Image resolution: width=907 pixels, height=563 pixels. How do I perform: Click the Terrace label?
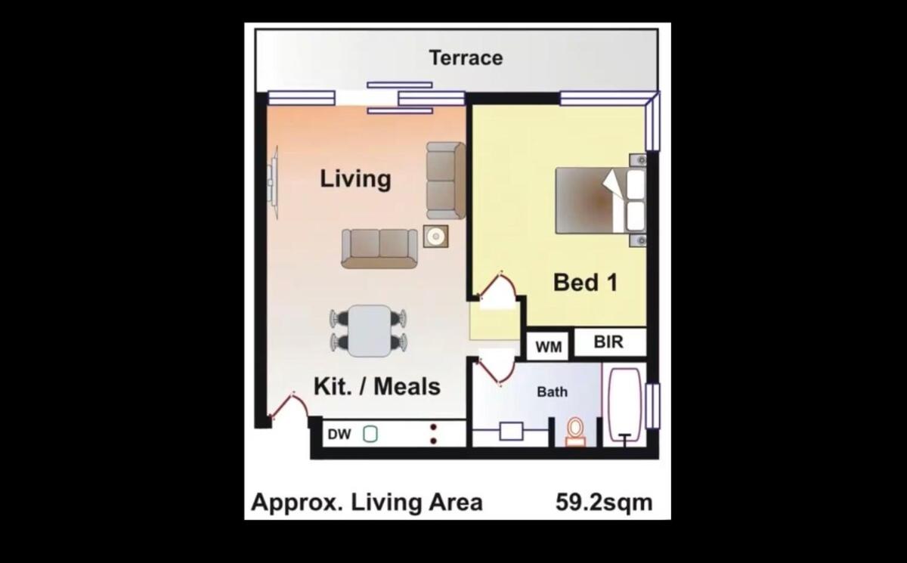[x=466, y=58]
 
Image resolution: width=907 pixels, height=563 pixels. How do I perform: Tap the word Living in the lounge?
[x=355, y=178]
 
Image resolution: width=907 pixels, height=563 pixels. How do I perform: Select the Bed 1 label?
[x=585, y=282]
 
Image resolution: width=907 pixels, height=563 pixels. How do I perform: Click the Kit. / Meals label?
[x=377, y=386]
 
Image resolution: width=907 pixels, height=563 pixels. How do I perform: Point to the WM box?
[x=548, y=345]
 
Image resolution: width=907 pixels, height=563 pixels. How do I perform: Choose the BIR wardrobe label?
[x=608, y=342]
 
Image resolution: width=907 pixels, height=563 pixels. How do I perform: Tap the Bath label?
[x=552, y=391]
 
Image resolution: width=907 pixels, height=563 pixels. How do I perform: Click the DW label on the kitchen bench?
[x=339, y=435]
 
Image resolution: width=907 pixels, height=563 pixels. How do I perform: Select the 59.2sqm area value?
[x=604, y=503]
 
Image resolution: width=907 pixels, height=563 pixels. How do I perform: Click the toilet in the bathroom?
[x=575, y=432]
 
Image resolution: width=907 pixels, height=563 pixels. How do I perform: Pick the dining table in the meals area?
[x=370, y=331]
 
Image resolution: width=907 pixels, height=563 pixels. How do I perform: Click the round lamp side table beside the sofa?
[x=435, y=237]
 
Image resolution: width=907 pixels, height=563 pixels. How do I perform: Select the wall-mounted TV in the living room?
[x=274, y=183]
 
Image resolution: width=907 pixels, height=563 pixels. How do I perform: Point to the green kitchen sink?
[x=370, y=434]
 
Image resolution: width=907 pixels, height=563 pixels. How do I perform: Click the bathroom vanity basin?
[x=511, y=431]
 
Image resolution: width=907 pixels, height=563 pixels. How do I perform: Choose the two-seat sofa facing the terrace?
[x=379, y=249]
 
